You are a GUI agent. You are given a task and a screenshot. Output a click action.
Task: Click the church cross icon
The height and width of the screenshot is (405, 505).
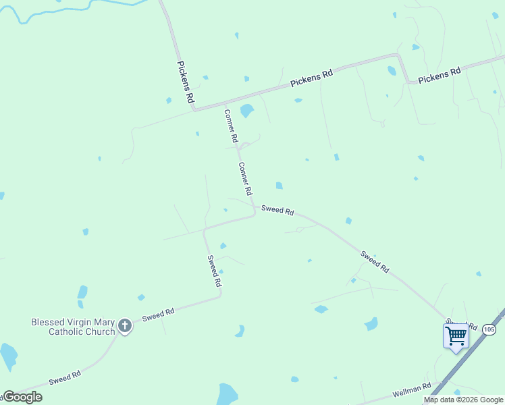(x=124, y=326)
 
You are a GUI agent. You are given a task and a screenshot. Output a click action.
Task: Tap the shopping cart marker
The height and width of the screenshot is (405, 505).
(x=456, y=335)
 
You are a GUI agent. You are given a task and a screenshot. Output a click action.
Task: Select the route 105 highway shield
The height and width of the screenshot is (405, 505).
(x=489, y=329)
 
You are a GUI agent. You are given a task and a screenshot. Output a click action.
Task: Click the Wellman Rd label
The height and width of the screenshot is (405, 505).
(x=411, y=389)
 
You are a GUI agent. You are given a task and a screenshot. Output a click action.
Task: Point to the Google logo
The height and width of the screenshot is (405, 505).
(x=22, y=397)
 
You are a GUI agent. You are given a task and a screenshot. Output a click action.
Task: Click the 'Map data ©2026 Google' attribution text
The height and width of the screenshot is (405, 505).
(x=464, y=400)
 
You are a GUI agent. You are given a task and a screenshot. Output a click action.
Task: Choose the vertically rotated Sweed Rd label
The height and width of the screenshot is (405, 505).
(x=214, y=271)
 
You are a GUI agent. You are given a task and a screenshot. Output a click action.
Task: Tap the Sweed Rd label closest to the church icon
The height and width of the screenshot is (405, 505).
(x=158, y=314)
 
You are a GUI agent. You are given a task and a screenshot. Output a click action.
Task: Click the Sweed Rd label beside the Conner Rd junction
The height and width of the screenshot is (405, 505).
(x=277, y=211)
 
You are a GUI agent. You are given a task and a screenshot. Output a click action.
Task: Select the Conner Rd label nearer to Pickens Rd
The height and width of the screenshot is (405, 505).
(x=231, y=126)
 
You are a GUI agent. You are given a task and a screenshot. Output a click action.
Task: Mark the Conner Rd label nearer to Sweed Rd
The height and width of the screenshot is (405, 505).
(x=245, y=179)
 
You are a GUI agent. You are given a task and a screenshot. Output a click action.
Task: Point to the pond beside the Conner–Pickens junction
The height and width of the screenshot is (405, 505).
(x=246, y=111)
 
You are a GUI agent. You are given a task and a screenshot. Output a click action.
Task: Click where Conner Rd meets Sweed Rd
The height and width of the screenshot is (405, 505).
(x=255, y=211)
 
